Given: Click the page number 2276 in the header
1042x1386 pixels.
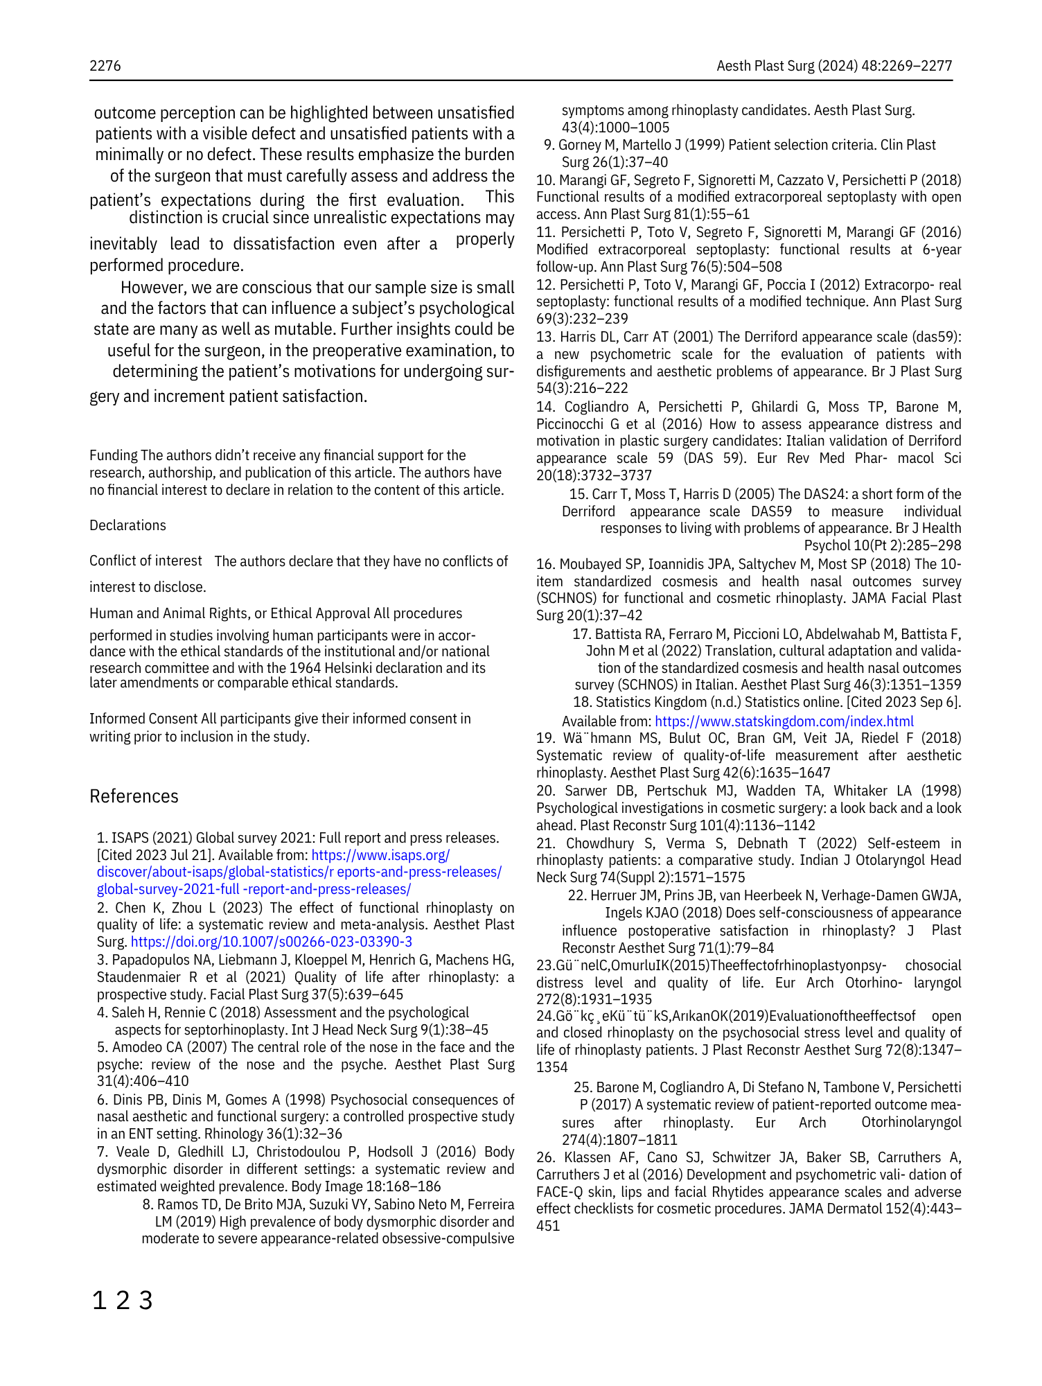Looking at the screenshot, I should click(105, 66).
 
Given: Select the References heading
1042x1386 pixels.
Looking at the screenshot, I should click(134, 796).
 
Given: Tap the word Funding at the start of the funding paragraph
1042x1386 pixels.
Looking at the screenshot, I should click(113, 455).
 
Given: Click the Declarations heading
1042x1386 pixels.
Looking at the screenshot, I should click(127, 525).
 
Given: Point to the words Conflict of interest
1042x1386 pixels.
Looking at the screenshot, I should click(145, 561).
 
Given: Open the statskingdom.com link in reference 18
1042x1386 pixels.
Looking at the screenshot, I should click(784, 721).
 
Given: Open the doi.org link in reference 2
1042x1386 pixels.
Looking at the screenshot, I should click(271, 942).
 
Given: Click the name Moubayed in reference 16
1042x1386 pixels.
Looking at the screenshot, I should click(591, 564).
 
